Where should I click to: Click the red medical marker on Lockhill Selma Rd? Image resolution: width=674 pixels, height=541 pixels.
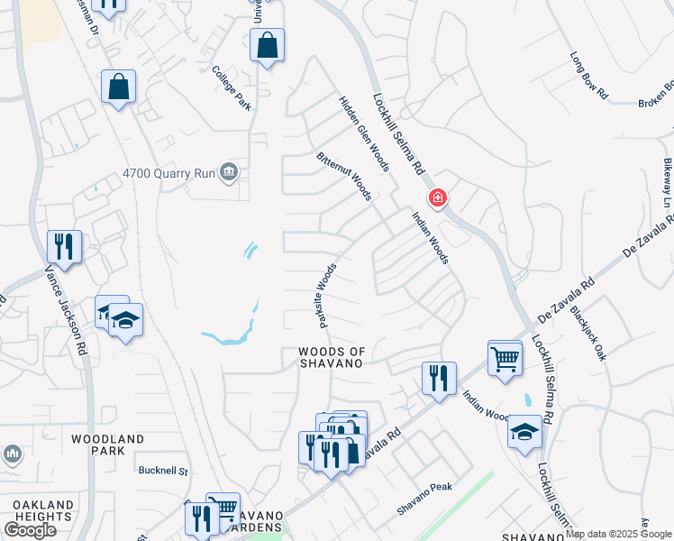click(x=437, y=197)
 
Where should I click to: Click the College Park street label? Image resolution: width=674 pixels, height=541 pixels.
click(x=231, y=88)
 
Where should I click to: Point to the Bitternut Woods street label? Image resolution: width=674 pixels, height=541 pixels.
click(x=343, y=177)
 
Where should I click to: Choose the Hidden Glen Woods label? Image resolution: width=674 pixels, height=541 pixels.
click(x=364, y=133)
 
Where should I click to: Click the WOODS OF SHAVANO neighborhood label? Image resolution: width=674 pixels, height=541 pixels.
click(x=331, y=356)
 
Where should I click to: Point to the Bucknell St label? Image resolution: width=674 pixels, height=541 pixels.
click(x=161, y=471)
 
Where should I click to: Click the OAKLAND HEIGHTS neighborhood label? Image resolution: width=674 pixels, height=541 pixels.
click(x=36, y=509)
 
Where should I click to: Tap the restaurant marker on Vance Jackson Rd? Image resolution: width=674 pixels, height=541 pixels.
click(x=64, y=246)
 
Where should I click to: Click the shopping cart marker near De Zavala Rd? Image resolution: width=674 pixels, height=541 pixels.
click(x=505, y=358)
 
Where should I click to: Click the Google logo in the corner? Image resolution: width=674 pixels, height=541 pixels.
click(x=29, y=530)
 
